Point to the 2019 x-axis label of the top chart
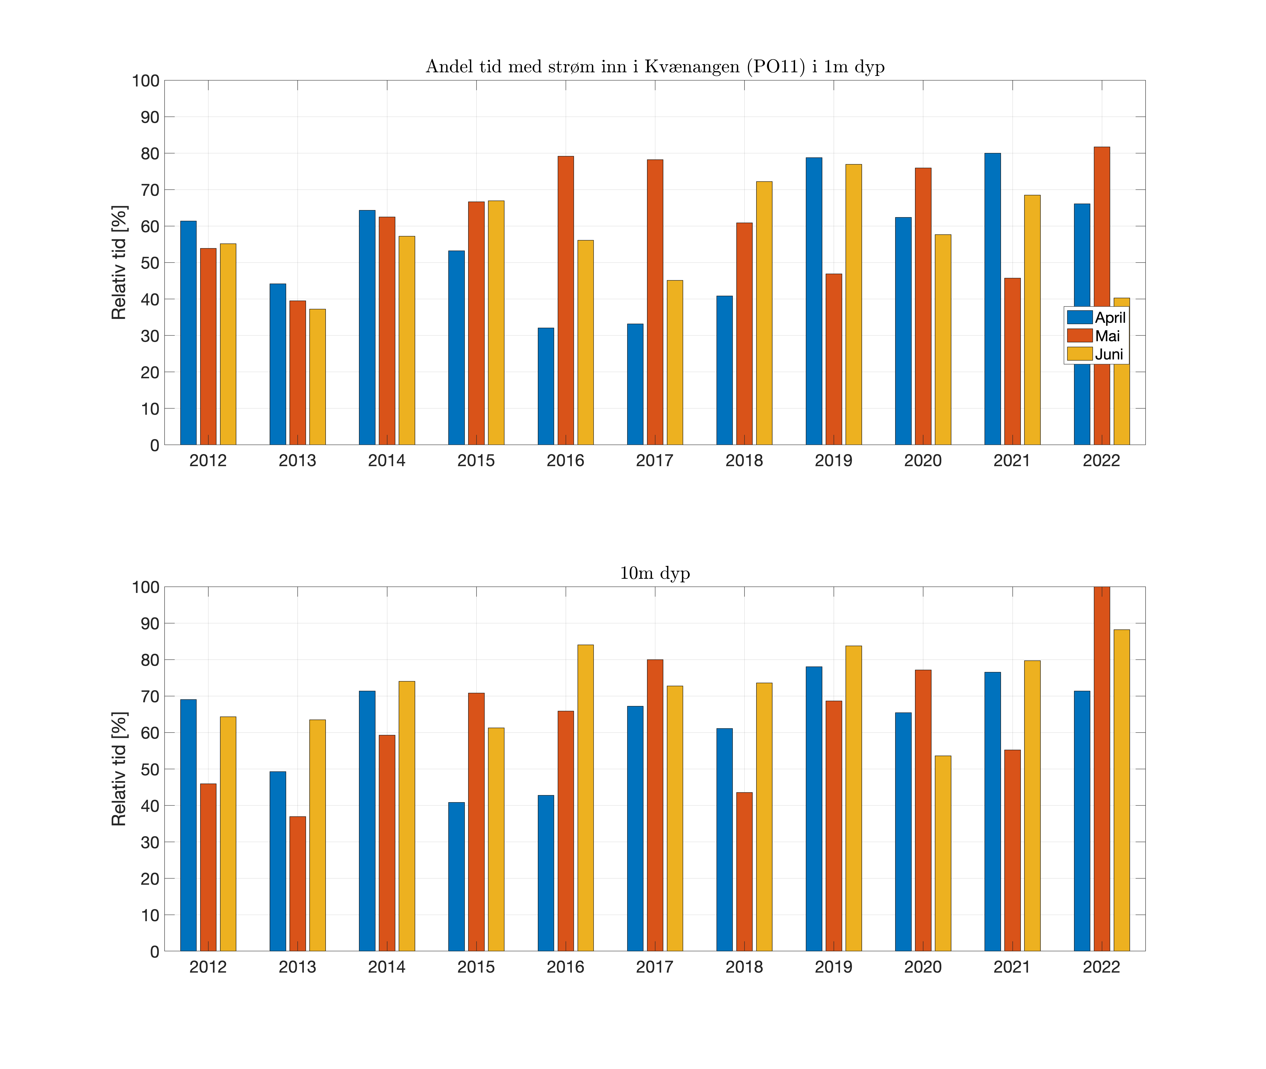(x=833, y=460)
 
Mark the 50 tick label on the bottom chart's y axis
(x=150, y=770)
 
